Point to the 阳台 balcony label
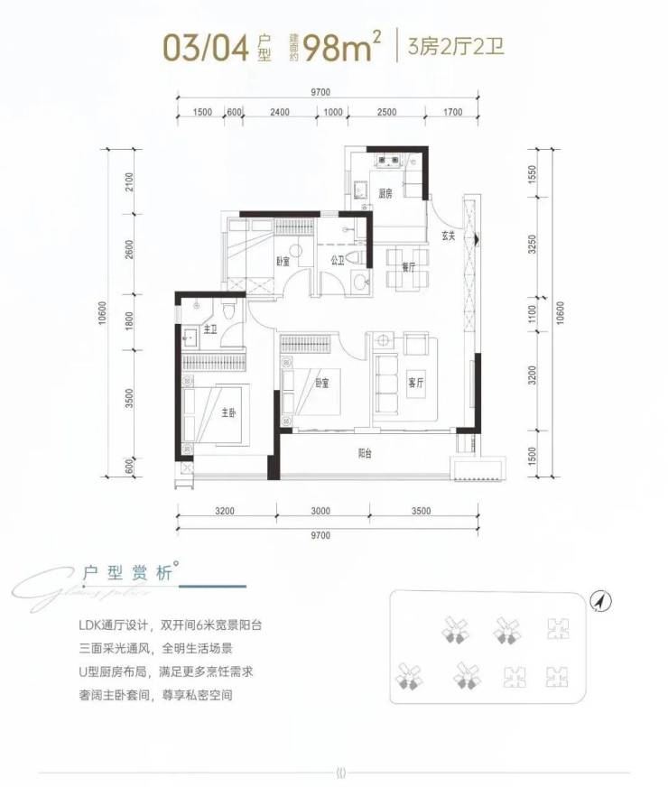coord(363,454)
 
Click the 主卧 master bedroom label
coord(229,412)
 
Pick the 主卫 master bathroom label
coord(210,331)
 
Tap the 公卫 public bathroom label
coord(338,261)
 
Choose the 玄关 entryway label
coord(448,236)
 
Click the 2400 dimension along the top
coord(280,112)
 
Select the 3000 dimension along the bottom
coord(321,512)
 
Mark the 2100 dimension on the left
coord(130,183)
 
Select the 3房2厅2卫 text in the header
coord(456,46)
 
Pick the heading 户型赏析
coord(126,572)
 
